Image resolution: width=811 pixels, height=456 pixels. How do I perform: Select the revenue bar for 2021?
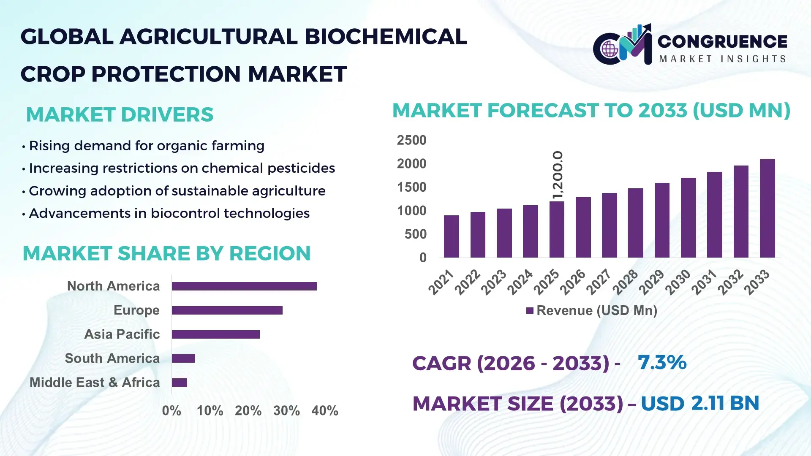pos(451,236)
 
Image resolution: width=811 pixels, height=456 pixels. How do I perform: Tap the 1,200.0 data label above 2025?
pos(558,174)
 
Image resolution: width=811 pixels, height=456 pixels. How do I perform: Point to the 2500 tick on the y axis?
pos(411,140)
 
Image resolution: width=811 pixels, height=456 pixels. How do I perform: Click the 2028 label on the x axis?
pos(626,282)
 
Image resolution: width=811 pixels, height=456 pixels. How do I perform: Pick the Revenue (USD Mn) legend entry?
pos(592,311)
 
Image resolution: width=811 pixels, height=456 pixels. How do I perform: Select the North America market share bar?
pos(244,286)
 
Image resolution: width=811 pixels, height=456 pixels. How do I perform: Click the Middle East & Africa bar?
pos(179,383)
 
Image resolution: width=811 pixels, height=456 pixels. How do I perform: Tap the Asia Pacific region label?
pos(122,334)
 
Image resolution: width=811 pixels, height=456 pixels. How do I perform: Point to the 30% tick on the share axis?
pos(286,411)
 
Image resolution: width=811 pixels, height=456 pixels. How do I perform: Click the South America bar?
pos(183,358)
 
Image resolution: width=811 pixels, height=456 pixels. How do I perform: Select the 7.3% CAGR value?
pos(662,362)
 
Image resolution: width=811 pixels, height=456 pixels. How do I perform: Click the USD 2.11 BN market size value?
pos(700,403)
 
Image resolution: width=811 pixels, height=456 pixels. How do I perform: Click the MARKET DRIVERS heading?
pos(120,115)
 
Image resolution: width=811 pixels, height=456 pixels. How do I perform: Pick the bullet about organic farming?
pos(146,146)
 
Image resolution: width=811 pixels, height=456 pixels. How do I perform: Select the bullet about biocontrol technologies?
pos(169,213)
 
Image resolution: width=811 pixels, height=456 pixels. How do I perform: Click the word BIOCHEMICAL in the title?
pos(386,37)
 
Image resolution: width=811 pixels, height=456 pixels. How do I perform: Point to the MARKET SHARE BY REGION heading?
pos(166,253)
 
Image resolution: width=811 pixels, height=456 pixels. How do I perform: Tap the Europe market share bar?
pos(227,310)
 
